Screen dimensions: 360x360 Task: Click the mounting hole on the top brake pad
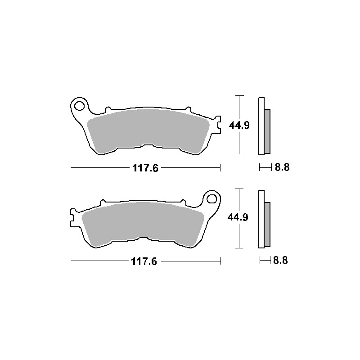pyautogui.click(x=80, y=106)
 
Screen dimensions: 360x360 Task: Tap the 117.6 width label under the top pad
pyautogui.click(x=145, y=168)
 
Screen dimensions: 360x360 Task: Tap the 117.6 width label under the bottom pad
pyautogui.click(x=145, y=261)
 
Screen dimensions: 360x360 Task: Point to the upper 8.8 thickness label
pyautogui.click(x=282, y=168)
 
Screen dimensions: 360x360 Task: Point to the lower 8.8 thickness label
pyautogui.click(x=280, y=260)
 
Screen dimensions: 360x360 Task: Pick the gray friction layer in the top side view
pyautogui.click(x=267, y=130)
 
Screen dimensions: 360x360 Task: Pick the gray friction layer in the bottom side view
pyautogui.click(x=267, y=224)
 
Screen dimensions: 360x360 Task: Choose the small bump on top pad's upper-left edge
pyautogui.click(x=107, y=109)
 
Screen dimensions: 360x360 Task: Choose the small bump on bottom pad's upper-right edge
pyautogui.click(x=184, y=202)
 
